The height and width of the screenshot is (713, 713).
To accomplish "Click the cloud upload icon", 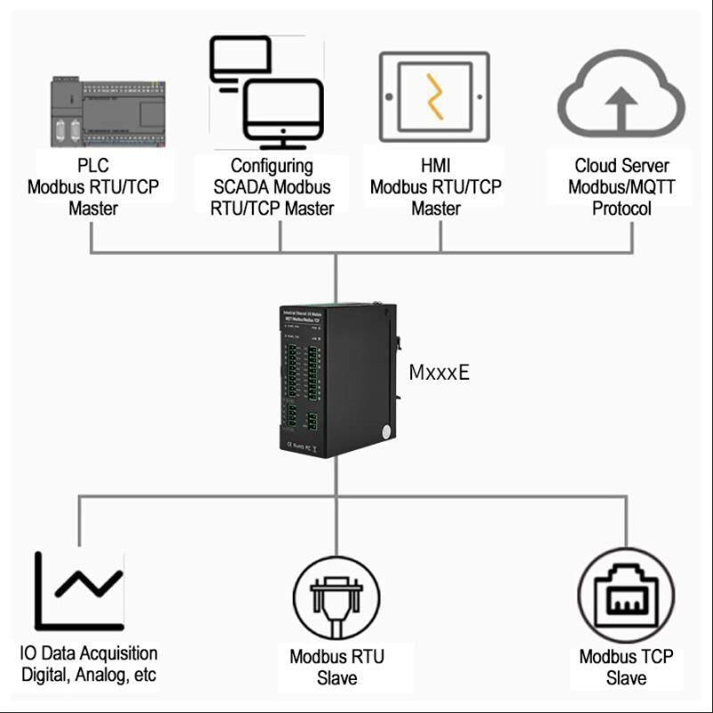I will [620, 96].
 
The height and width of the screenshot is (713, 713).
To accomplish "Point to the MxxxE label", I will [439, 373].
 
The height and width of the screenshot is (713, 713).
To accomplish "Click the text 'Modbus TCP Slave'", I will [626, 667].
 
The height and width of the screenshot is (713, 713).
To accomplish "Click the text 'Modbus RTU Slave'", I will [336, 667].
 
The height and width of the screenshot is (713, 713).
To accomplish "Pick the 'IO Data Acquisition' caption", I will [88, 653].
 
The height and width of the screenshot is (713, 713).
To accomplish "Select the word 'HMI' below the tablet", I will [435, 166].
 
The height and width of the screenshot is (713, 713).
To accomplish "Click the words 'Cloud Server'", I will [621, 166].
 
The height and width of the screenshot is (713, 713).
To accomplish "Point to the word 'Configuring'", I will [271, 166].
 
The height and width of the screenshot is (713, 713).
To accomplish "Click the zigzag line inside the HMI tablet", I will [434, 96].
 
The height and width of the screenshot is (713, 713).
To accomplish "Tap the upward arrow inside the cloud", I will [621, 107].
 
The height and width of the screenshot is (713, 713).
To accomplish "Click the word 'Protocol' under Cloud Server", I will [621, 209].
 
